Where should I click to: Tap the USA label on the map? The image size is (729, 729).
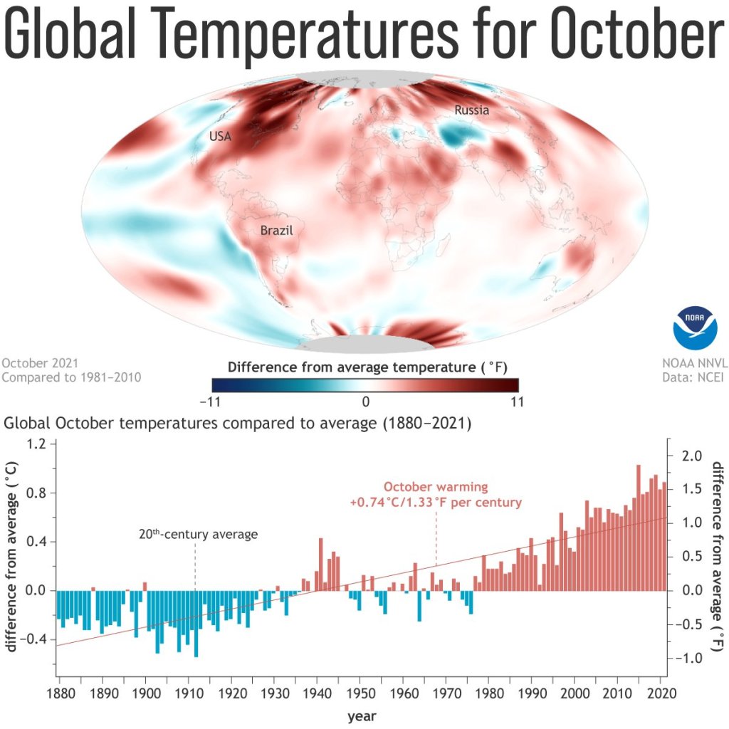click(220, 136)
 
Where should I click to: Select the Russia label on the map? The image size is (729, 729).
click(471, 110)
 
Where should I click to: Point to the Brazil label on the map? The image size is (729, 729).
click(276, 231)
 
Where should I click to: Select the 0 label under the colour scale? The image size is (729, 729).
click(365, 402)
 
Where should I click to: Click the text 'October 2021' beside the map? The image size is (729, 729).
click(40, 362)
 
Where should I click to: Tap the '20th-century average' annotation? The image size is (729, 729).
click(198, 534)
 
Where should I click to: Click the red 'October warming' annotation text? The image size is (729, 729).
click(436, 488)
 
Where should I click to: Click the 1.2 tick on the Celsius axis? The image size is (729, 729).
click(35, 444)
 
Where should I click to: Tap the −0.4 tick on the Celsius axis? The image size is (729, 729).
click(31, 639)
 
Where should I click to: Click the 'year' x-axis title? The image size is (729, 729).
click(362, 716)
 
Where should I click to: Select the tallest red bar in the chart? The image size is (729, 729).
click(638, 527)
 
